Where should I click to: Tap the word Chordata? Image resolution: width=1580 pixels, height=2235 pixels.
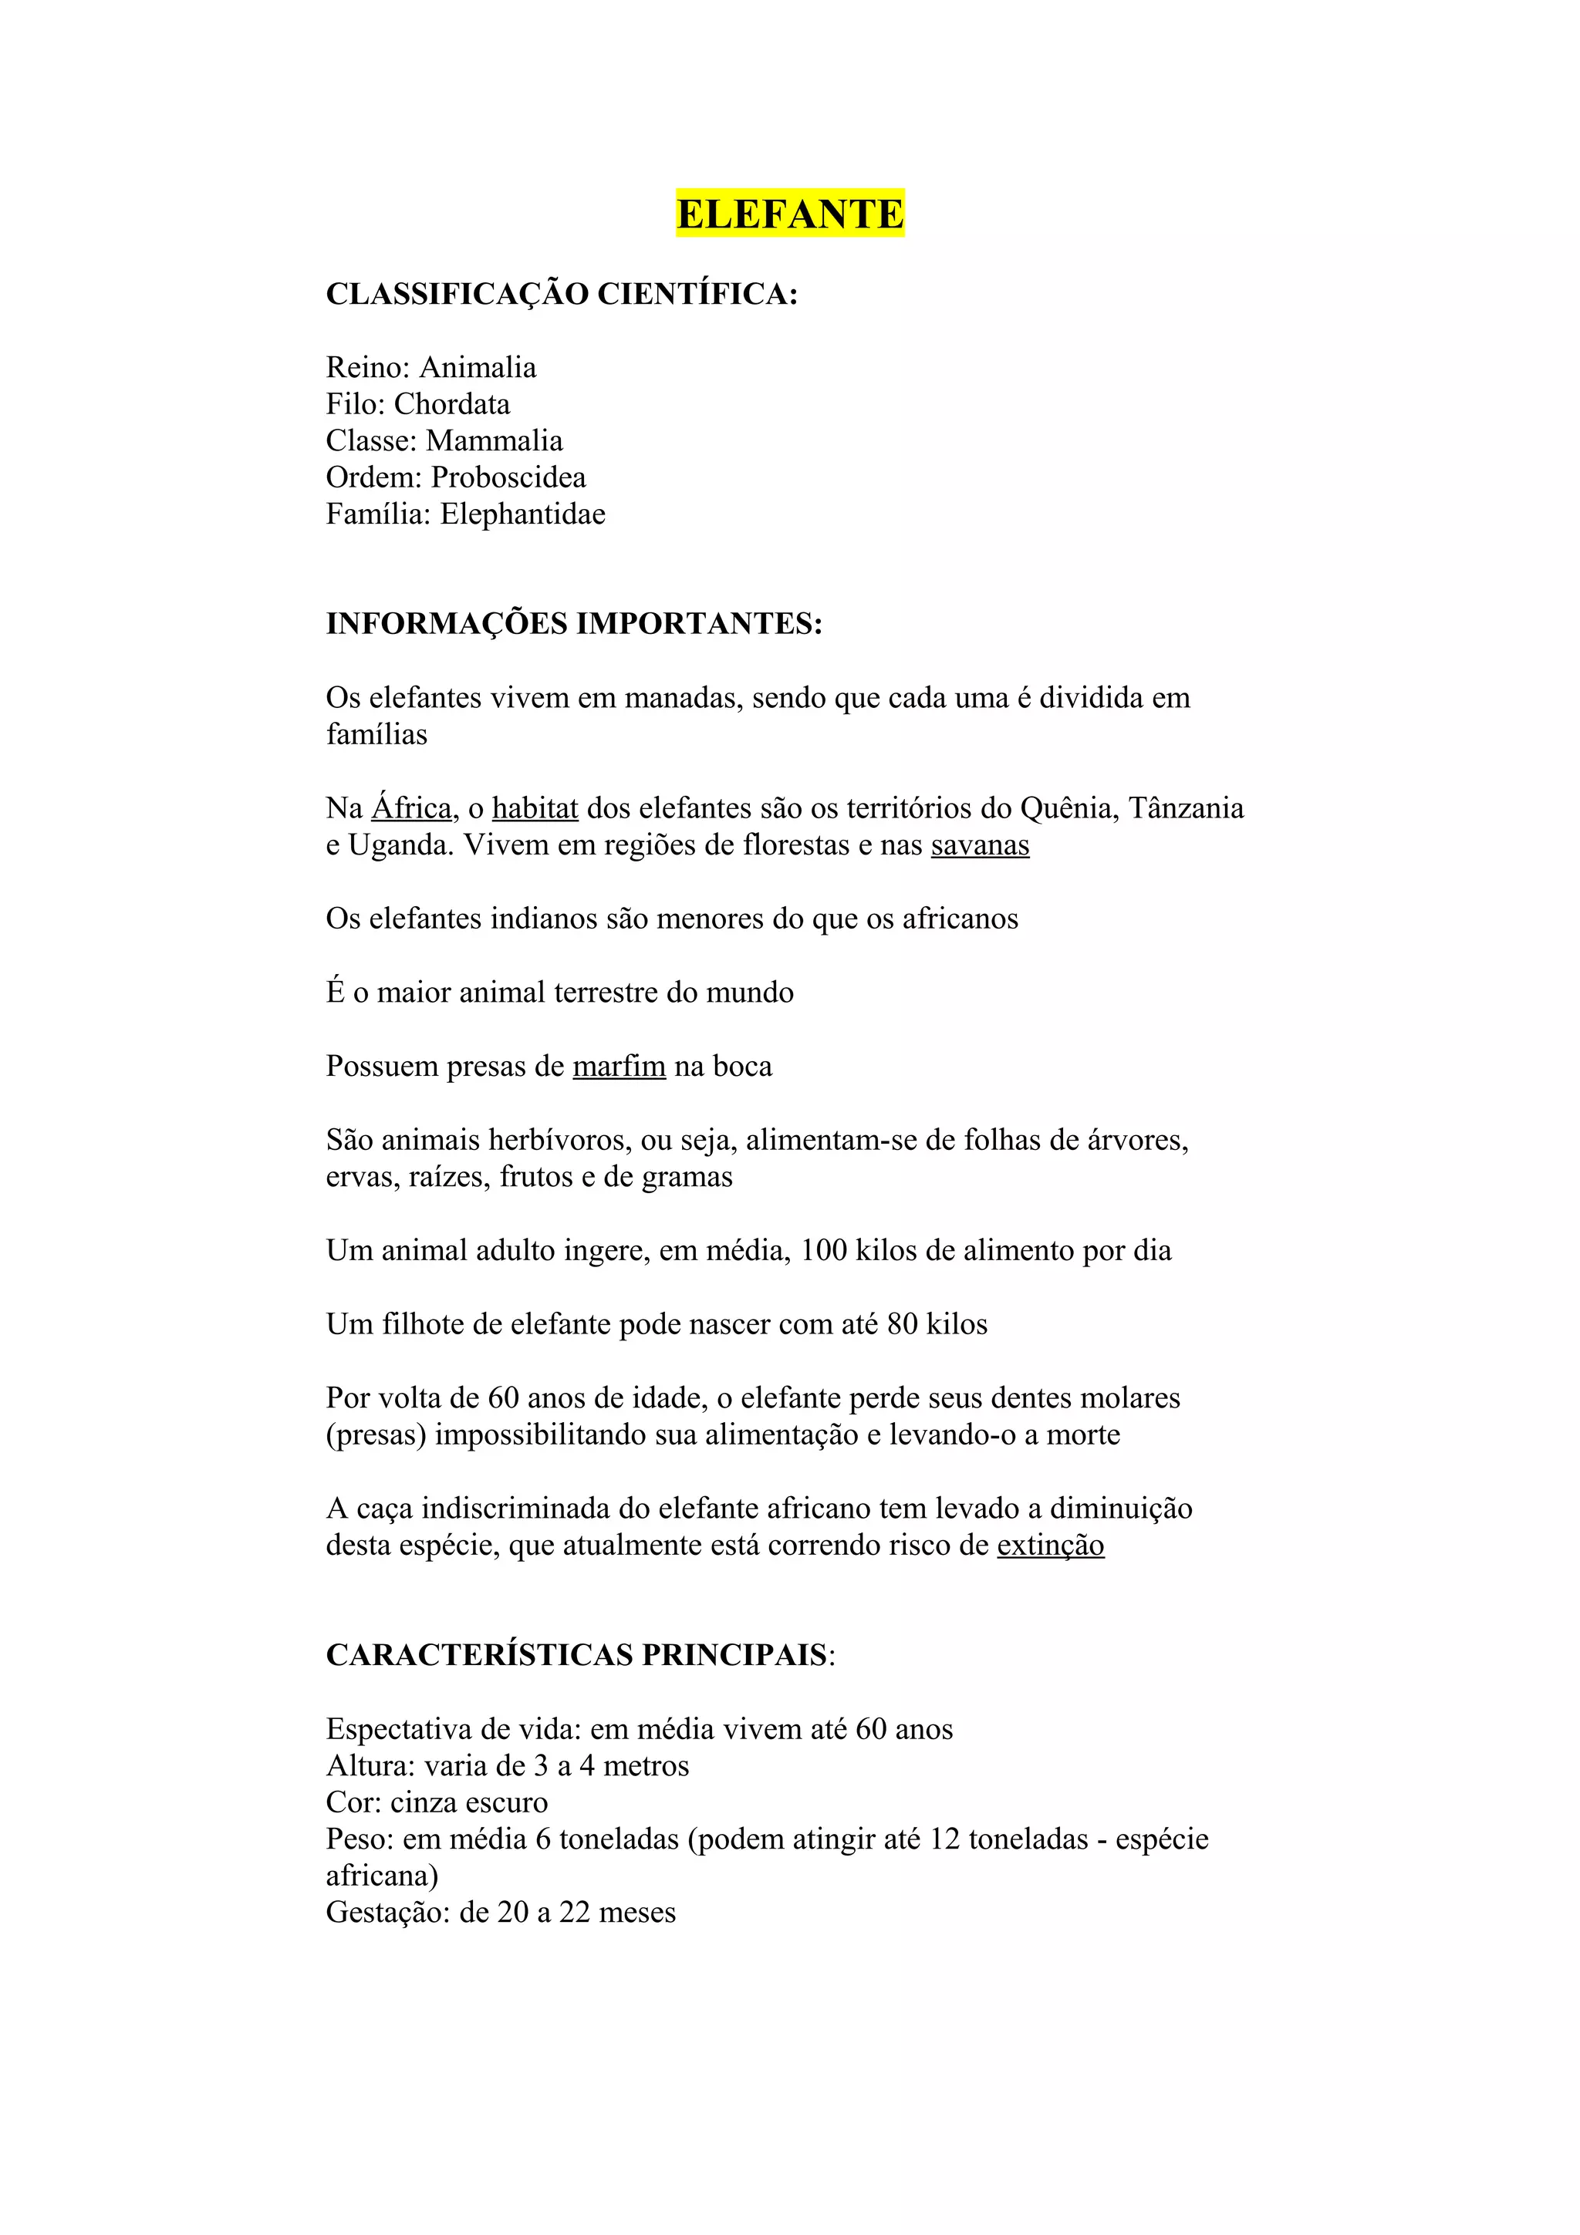click(452, 404)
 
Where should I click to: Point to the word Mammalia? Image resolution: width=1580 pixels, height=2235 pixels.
click(495, 441)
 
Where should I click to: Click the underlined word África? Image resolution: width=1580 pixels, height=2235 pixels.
click(411, 808)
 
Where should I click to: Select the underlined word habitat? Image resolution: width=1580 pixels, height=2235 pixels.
click(535, 808)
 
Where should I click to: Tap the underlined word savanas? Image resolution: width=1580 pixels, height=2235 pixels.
click(979, 845)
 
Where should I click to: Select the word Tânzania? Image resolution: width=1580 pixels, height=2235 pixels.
click(1185, 808)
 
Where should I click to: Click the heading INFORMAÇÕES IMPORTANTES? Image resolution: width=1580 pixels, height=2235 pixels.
click(573, 623)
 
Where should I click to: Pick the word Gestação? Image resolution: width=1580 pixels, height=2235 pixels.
click(387, 1913)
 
